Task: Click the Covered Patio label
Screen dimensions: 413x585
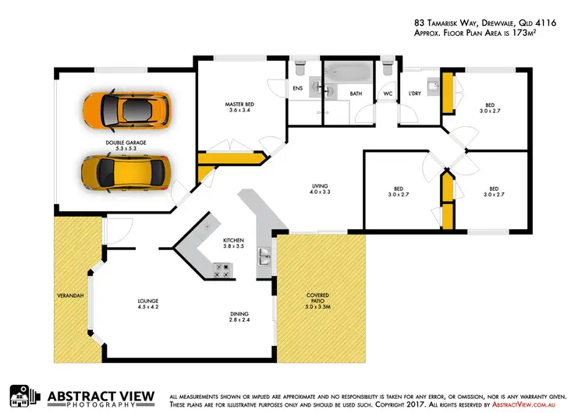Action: [x=317, y=300]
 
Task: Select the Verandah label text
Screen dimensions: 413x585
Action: [x=69, y=296]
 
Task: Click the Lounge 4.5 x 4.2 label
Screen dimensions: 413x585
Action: [x=148, y=302]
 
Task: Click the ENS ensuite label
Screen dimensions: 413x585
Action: [x=297, y=88]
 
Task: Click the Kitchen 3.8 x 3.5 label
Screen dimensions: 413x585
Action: [x=234, y=242]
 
